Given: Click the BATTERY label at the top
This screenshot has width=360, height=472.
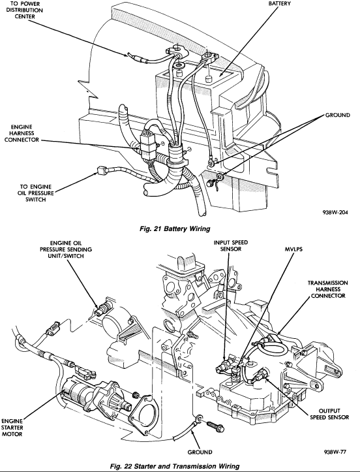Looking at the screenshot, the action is (279, 4).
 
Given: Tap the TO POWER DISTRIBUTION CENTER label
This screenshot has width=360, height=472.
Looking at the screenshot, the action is (25, 10).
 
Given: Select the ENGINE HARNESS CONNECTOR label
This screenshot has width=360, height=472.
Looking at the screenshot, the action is (22, 133).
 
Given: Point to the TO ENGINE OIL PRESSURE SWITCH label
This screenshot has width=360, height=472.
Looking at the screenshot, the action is (35, 193).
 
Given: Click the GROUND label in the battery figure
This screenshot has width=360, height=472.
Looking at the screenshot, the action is (338, 115).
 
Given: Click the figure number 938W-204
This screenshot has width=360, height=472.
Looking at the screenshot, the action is (335, 213).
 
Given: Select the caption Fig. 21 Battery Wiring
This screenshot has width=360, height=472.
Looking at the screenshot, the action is (175, 228).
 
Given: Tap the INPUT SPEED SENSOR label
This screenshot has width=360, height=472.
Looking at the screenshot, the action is (231, 245).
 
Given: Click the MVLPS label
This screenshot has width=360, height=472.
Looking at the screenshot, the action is (293, 249).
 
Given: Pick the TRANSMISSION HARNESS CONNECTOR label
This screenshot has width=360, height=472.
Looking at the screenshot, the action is (328, 289).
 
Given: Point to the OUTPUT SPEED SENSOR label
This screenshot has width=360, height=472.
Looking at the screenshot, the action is (329, 414).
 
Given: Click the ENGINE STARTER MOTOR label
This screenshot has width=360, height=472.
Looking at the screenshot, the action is (12, 428).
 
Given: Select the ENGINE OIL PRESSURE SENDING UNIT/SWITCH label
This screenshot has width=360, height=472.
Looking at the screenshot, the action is (66, 249).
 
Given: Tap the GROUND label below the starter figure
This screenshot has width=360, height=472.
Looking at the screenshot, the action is (200, 452).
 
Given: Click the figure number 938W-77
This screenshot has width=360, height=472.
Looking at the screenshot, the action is (335, 452).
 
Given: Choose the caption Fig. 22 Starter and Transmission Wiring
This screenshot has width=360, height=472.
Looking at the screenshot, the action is (175, 467).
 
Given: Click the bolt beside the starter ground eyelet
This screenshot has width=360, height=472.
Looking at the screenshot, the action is (216, 425).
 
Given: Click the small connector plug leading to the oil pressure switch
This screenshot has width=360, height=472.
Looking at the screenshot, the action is (103, 172).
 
